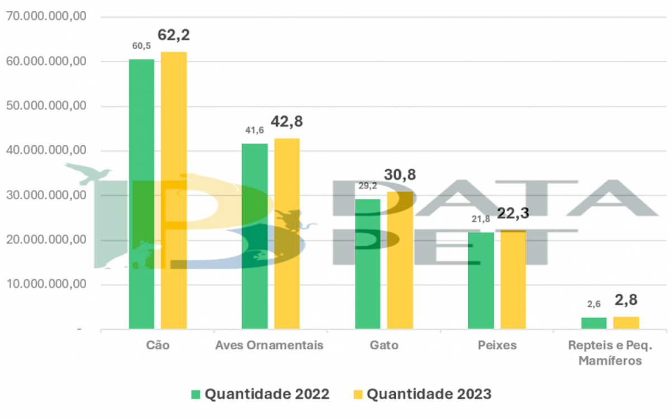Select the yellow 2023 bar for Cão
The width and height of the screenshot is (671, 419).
pos(174,190)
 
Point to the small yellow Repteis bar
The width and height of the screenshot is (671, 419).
pos(626,323)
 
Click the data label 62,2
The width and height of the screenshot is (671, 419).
pos(174,35)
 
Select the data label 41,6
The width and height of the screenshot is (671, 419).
pos(254,130)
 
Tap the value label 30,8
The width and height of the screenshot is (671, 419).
pos(400,175)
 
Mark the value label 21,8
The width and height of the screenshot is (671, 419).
pos(480,219)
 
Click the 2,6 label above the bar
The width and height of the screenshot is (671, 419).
pos(593,304)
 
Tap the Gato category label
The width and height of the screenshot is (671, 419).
pos(384,345)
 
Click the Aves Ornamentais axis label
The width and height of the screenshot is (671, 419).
pos(270,345)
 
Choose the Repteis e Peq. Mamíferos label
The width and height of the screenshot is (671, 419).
pos(609,353)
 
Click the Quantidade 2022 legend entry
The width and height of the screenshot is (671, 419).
pos(260,394)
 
